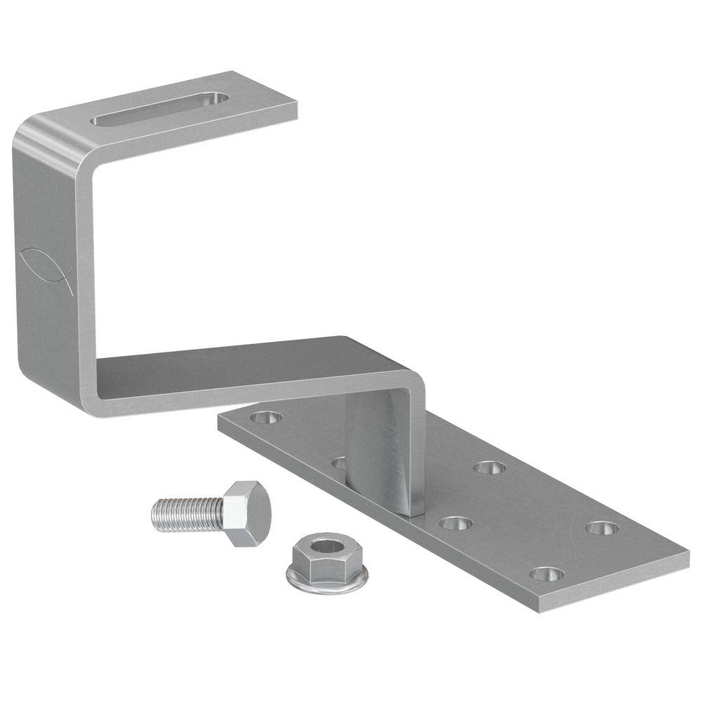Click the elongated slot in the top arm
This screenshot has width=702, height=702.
160,109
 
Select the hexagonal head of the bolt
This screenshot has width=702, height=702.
247,512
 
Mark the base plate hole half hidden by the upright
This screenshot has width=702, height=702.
339,463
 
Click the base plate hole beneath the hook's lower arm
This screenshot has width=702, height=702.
266,418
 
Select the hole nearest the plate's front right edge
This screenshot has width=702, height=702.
546,574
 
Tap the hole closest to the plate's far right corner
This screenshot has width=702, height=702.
602,528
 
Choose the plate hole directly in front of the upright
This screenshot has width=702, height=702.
456,523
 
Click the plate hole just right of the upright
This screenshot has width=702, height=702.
489,468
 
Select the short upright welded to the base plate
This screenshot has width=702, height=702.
386,449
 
